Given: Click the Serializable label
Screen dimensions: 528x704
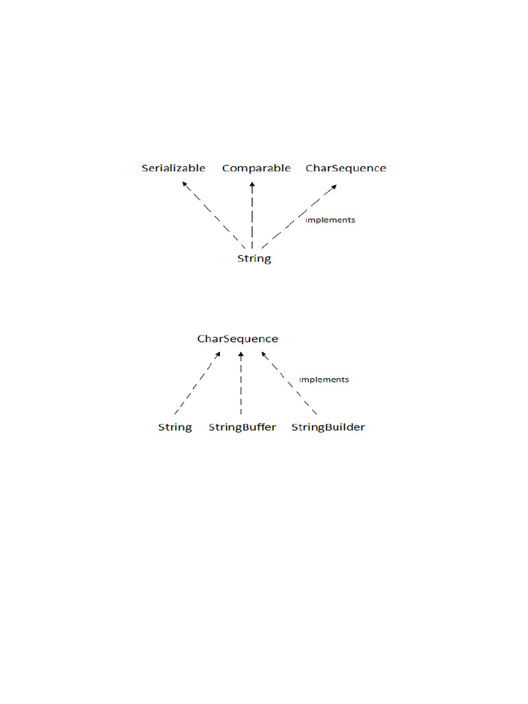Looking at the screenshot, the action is pos(173,168).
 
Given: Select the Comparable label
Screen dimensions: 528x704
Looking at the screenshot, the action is pos(256,168).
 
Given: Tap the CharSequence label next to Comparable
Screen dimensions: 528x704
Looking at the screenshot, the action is pos(346,168).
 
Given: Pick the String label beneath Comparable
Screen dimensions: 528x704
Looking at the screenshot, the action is pos(254,259).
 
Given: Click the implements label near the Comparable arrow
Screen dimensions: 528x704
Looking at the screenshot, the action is pos(330,220).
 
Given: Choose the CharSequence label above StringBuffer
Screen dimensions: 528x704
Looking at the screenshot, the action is pos(238,339).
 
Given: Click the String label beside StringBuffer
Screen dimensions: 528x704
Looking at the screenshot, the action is pos(175,427).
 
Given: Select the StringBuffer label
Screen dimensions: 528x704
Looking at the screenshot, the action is pos(242,427).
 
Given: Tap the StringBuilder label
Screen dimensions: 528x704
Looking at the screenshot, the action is pos(328,427).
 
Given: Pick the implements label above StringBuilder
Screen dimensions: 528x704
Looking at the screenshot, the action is pos(324,379).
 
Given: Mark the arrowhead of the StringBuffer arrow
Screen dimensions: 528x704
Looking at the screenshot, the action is pos(241,355).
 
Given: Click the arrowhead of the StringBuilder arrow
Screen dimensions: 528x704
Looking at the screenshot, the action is pos(263,355).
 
